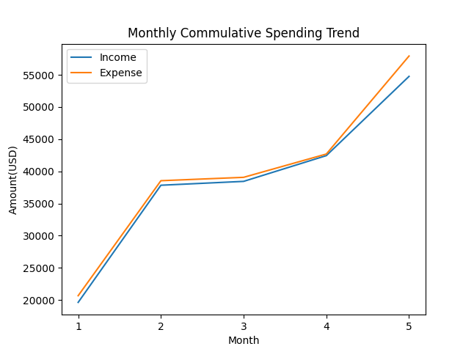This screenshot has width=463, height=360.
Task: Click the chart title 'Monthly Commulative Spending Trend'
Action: coord(243,33)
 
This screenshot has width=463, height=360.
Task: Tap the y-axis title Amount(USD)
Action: coord(13,180)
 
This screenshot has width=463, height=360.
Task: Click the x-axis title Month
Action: coord(243,341)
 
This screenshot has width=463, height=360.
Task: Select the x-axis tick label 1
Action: coord(79,326)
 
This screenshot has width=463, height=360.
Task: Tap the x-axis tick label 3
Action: coord(244,326)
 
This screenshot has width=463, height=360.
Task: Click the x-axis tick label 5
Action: coord(409,326)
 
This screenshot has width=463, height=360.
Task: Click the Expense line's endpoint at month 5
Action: coord(409,56)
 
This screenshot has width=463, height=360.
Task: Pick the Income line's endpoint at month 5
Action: coord(409,76)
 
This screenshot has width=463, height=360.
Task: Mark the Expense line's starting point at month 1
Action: coord(79,296)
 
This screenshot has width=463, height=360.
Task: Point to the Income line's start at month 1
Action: coord(79,302)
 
